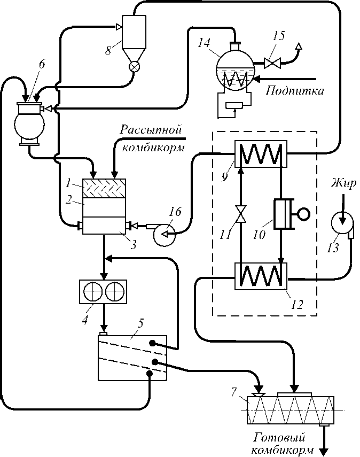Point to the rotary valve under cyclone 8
coord(135,68)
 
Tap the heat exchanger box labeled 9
coord(260,154)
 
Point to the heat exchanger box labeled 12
coord(261,275)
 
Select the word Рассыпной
coord(151,130)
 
